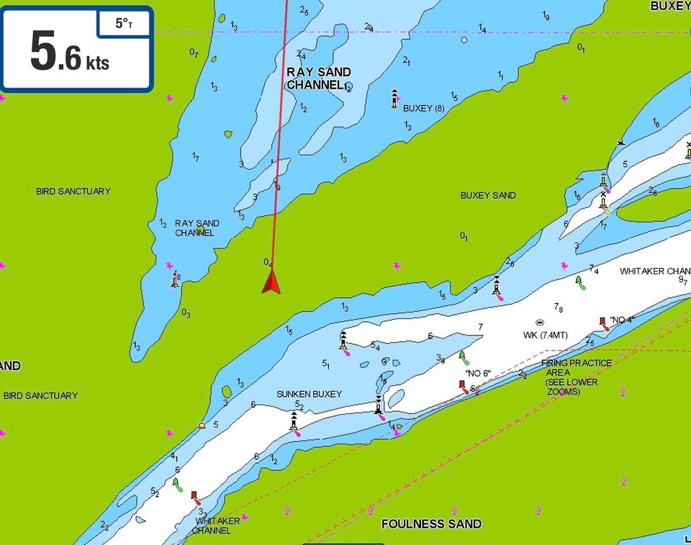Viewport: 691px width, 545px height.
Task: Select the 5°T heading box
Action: [x=125, y=24]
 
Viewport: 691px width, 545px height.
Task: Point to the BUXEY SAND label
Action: [x=488, y=195]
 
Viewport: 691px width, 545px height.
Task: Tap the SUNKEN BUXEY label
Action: [x=309, y=395]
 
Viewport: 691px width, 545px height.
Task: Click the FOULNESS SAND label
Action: [x=431, y=523]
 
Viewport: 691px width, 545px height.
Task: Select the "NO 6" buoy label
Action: [x=477, y=373]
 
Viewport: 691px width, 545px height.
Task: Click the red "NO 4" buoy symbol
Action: [x=602, y=321]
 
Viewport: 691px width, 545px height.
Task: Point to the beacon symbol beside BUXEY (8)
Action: [x=394, y=99]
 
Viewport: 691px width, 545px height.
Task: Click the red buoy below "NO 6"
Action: [x=463, y=384]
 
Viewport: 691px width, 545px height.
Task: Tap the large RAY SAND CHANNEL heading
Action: [x=318, y=78]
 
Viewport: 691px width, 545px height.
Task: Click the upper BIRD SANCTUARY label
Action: [x=73, y=192]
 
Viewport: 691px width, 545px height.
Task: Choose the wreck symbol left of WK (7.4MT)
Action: [x=540, y=323]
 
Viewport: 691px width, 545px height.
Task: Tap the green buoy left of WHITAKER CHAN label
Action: [x=578, y=281]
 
